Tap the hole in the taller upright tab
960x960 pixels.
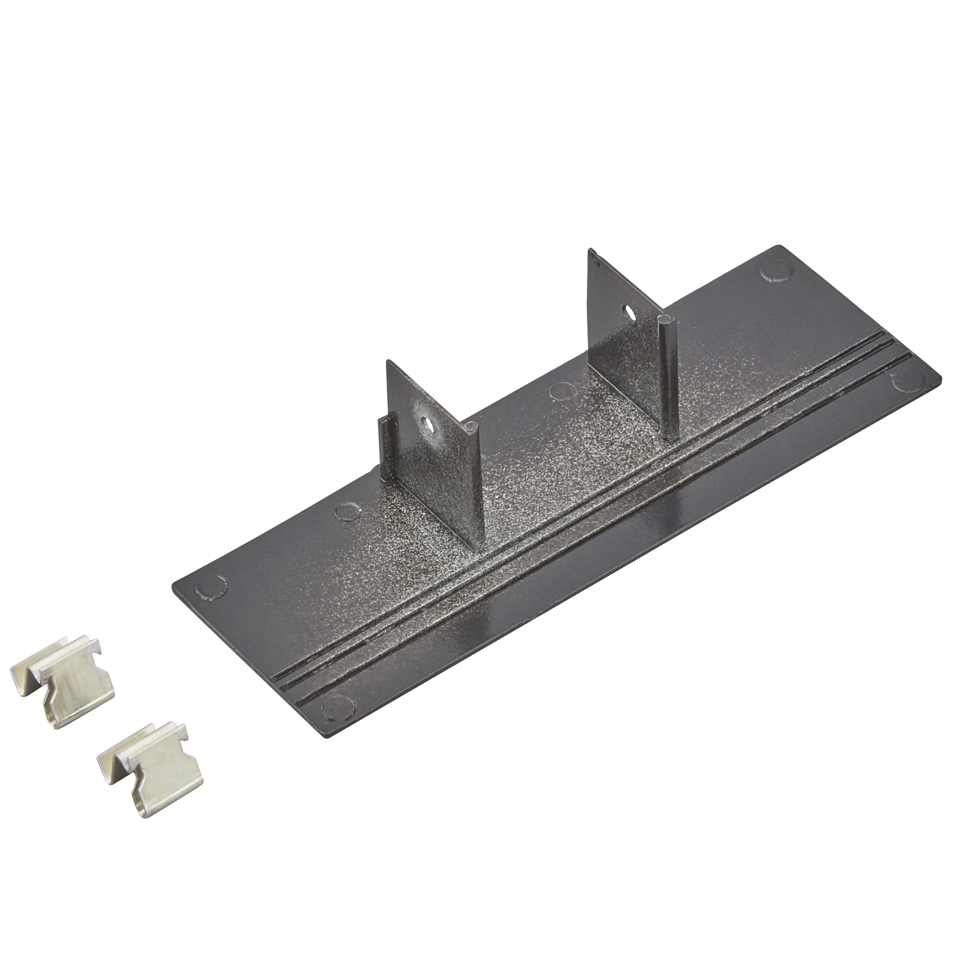pos(630,313)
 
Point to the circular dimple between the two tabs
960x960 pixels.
pos(561,388)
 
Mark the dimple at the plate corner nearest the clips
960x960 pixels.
pos(212,587)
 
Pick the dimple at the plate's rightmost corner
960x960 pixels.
pos(908,380)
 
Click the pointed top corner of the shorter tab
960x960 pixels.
pos(388,363)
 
